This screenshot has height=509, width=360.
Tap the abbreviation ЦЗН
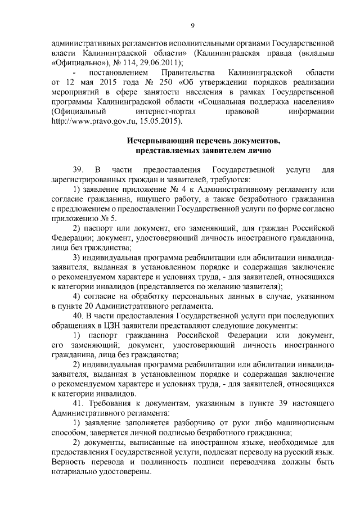[x=111, y=326]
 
